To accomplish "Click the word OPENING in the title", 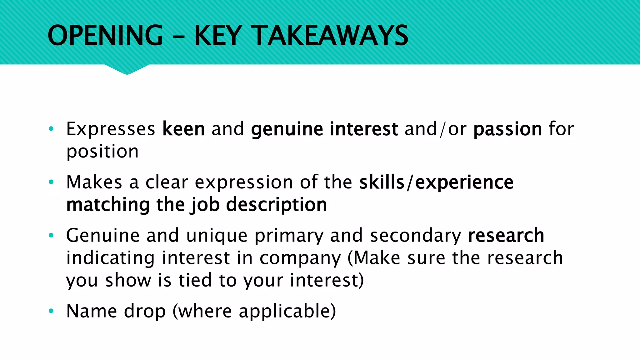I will pyautogui.click(x=105, y=35).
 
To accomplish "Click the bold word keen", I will pyautogui.click(x=183, y=129).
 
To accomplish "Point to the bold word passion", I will pyautogui.click(x=507, y=129).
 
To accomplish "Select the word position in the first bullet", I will pyautogui.click(x=102, y=152).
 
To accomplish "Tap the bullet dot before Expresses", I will pyautogui.click(x=51, y=128).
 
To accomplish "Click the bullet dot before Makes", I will pyautogui.click(x=51, y=182).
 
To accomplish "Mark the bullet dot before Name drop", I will pyautogui.click(x=51, y=311).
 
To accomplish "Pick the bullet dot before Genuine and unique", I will pyautogui.click(x=51, y=235).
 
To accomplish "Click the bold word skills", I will pyautogui.click(x=382, y=182).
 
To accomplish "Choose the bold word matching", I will pyautogui.click(x=108, y=205).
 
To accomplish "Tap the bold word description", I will pyautogui.click(x=276, y=205).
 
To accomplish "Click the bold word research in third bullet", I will pyautogui.click(x=506, y=235).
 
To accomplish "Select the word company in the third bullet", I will pyautogui.click(x=300, y=258).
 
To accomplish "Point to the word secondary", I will pyautogui.click(x=415, y=236).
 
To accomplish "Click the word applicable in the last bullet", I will pyautogui.click(x=287, y=312).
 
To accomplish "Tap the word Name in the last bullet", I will pyautogui.click(x=92, y=311).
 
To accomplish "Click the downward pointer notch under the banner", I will pyautogui.click(x=127, y=70).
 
